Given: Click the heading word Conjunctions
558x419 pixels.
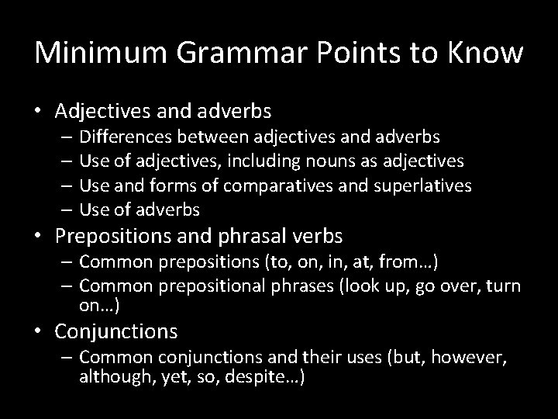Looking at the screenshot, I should pyautogui.click(x=116, y=332).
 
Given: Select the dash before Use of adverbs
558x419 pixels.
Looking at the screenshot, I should pyautogui.click(x=64, y=209).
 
